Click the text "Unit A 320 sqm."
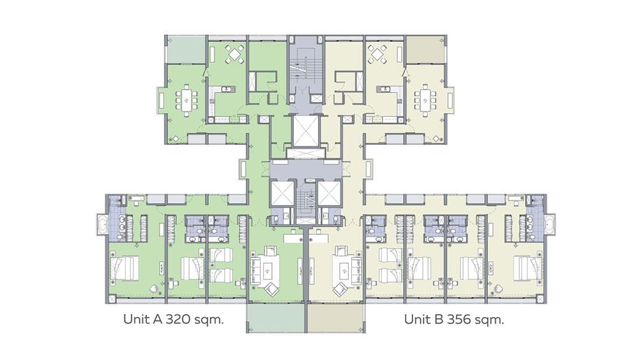174,319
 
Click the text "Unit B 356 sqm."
454,319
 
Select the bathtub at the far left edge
102,224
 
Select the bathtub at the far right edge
550,224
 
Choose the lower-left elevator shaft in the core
282,192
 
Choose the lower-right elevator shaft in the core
329,192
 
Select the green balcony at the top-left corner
186,50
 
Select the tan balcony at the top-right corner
424,50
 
